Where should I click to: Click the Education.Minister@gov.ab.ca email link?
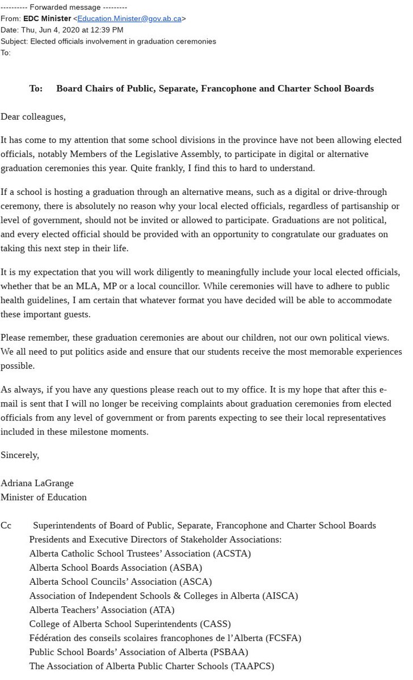click(x=129, y=18)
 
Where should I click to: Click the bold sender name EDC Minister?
click(x=47, y=18)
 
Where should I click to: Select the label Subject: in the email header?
click(x=14, y=41)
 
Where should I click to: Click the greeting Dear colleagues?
click(x=33, y=117)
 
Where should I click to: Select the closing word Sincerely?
click(x=20, y=455)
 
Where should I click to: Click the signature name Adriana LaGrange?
click(x=37, y=483)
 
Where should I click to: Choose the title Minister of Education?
click(x=44, y=497)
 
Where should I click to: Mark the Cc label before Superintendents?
click(x=6, y=525)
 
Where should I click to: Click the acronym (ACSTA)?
click(x=231, y=553)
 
